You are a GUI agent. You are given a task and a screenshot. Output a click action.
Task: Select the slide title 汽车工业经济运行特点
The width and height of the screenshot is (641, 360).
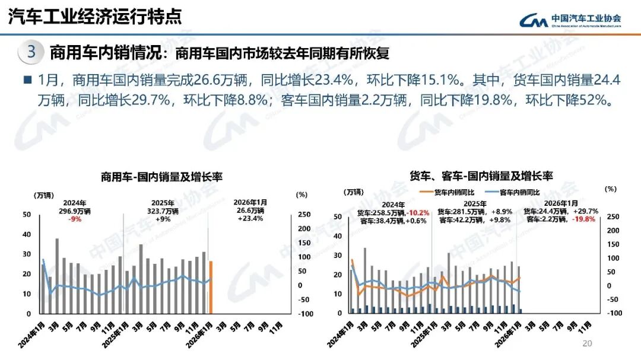point(95,17)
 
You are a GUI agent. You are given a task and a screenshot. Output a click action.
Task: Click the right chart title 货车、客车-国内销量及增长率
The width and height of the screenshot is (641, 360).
point(481,176)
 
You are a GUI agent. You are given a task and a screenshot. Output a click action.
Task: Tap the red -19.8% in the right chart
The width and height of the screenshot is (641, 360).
point(585,219)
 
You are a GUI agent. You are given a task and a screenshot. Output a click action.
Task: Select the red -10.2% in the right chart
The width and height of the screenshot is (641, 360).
point(417,212)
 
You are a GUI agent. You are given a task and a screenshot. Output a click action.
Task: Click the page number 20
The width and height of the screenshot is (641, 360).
point(588,344)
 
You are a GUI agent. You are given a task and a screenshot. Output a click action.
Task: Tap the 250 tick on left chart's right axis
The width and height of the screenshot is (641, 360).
point(302,215)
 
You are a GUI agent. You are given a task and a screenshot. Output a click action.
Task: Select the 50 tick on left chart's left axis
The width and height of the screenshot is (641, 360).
point(26,215)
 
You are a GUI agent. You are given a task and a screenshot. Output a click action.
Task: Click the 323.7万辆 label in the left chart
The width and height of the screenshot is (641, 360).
point(163,211)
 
